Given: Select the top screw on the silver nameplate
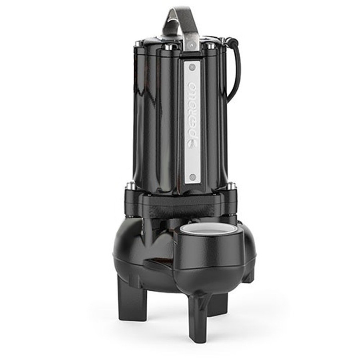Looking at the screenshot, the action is click(x=192, y=68).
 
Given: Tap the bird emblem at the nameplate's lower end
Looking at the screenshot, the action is click(x=192, y=144).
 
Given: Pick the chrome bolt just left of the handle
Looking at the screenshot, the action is click(x=168, y=47).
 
